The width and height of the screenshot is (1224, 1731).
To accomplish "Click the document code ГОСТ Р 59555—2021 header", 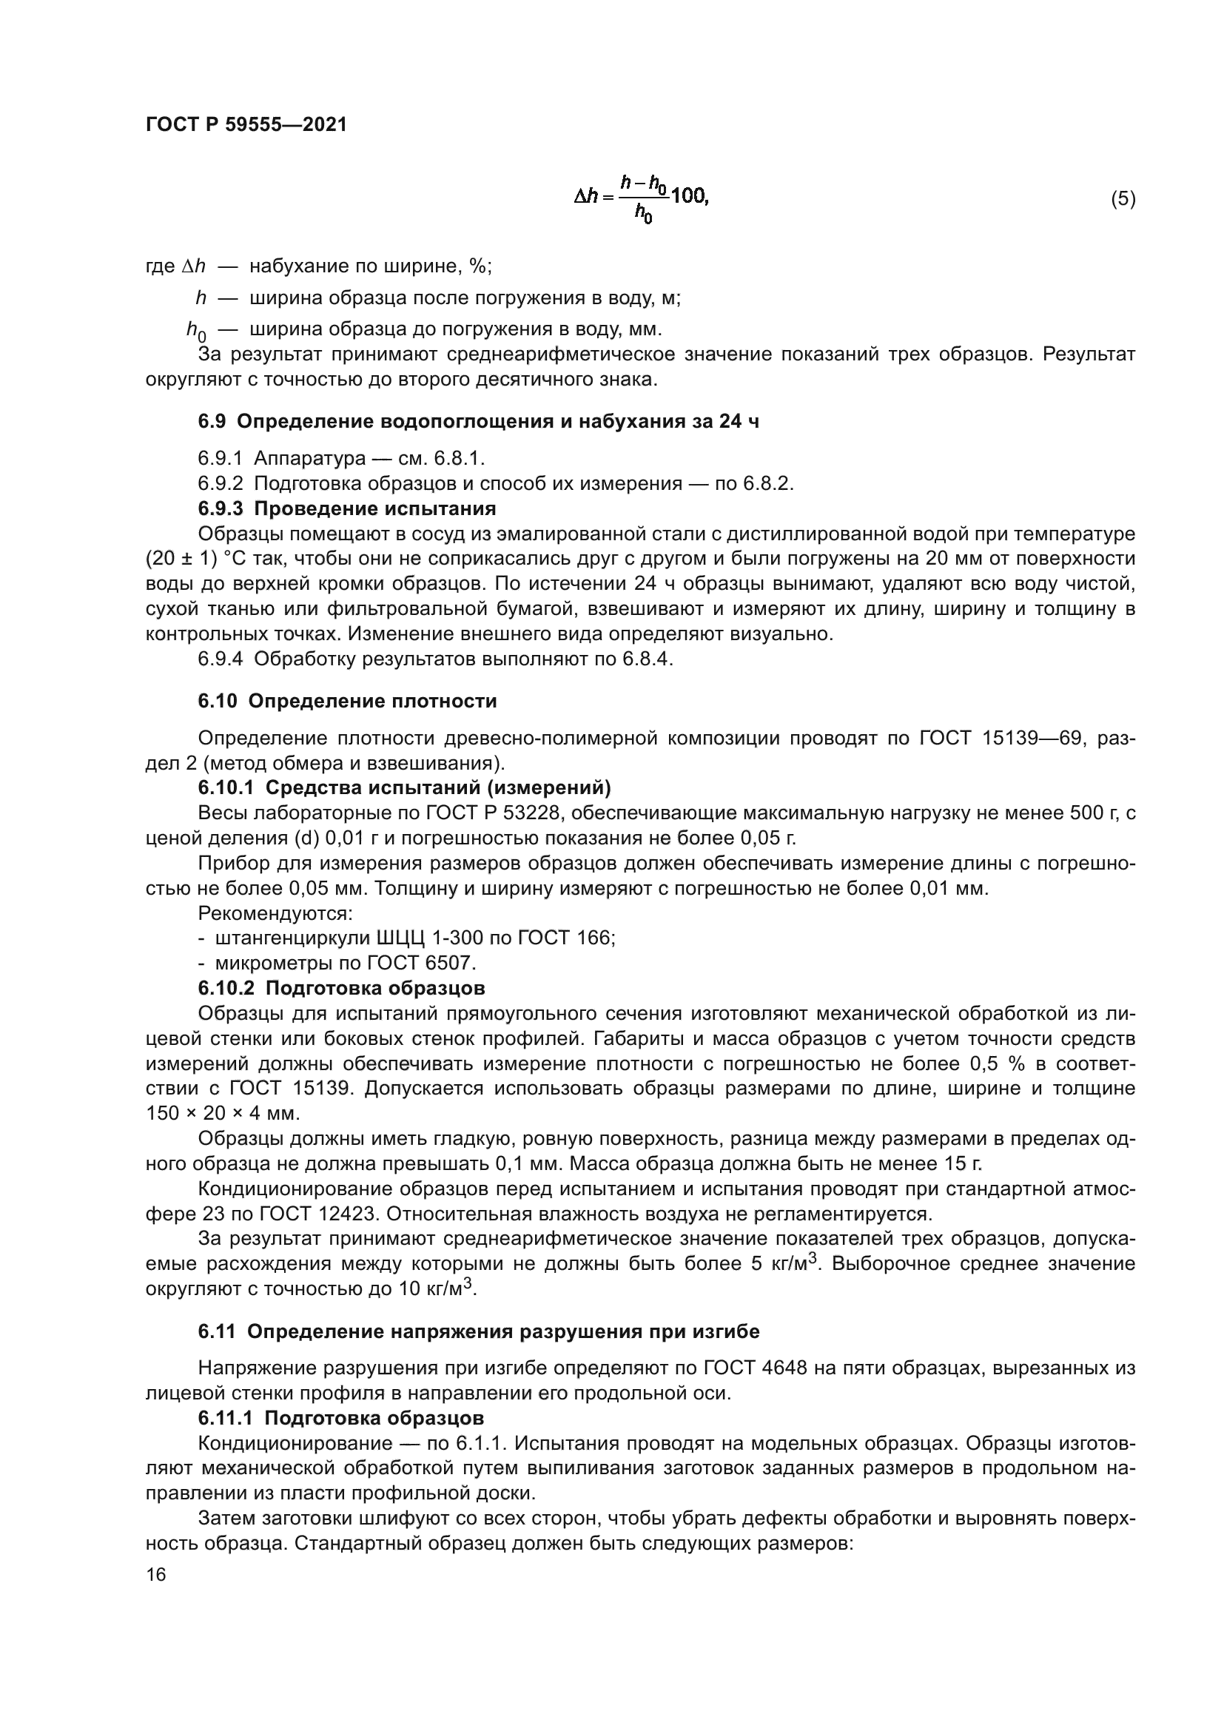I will click(x=246, y=125).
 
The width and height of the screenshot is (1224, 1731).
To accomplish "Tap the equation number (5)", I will click(x=1123, y=199).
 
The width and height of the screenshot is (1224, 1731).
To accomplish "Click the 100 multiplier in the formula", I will click(x=689, y=197).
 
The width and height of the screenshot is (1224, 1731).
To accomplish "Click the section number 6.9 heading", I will click(x=212, y=421).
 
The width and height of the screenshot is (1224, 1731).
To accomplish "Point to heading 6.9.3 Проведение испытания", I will click(x=346, y=508).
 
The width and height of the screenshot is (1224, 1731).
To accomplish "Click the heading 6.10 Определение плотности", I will click(x=348, y=701).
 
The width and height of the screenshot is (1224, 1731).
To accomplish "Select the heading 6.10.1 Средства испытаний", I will click(x=404, y=788).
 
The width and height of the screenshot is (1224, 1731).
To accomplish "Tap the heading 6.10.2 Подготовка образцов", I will click(x=341, y=988).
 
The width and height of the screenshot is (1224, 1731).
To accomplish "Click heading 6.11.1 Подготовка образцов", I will click(x=340, y=1418).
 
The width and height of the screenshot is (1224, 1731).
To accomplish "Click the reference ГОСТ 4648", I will click(x=756, y=1368).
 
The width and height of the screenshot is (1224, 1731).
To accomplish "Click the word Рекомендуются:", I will click(x=275, y=913).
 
